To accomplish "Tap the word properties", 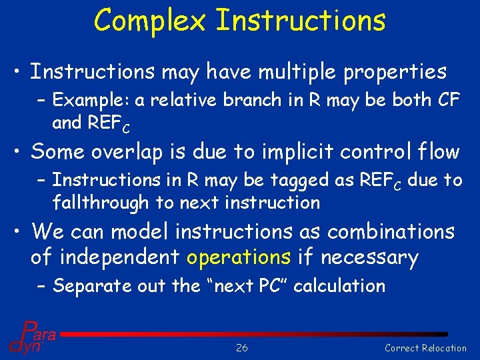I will [x=395, y=72].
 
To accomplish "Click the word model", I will [x=142, y=231].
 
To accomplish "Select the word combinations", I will [x=383, y=231].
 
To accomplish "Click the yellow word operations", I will [x=238, y=257].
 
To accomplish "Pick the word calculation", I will [x=339, y=286].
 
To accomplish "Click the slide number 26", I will [x=241, y=347].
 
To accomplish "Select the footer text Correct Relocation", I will [x=425, y=347].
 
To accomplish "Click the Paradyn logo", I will [x=31, y=337].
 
